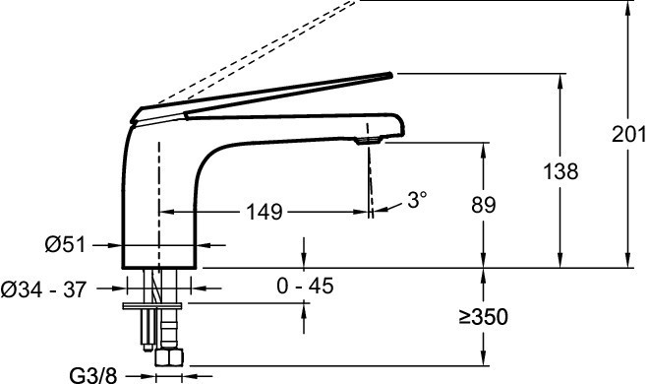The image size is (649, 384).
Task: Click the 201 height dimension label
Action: click(x=629, y=134)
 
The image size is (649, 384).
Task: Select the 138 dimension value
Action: click(x=560, y=171)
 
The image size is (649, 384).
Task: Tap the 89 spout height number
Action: click(x=484, y=205)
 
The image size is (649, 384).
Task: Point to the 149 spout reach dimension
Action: click(x=265, y=212)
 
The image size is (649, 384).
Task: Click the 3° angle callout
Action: click(x=417, y=200)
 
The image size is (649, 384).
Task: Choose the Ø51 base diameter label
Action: click(x=66, y=245)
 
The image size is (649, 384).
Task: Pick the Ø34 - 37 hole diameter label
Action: click(x=43, y=289)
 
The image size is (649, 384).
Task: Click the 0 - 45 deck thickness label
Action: click(x=305, y=286)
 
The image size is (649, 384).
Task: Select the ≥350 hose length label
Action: click(x=484, y=317)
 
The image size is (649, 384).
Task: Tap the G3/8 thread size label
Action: click(x=93, y=376)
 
